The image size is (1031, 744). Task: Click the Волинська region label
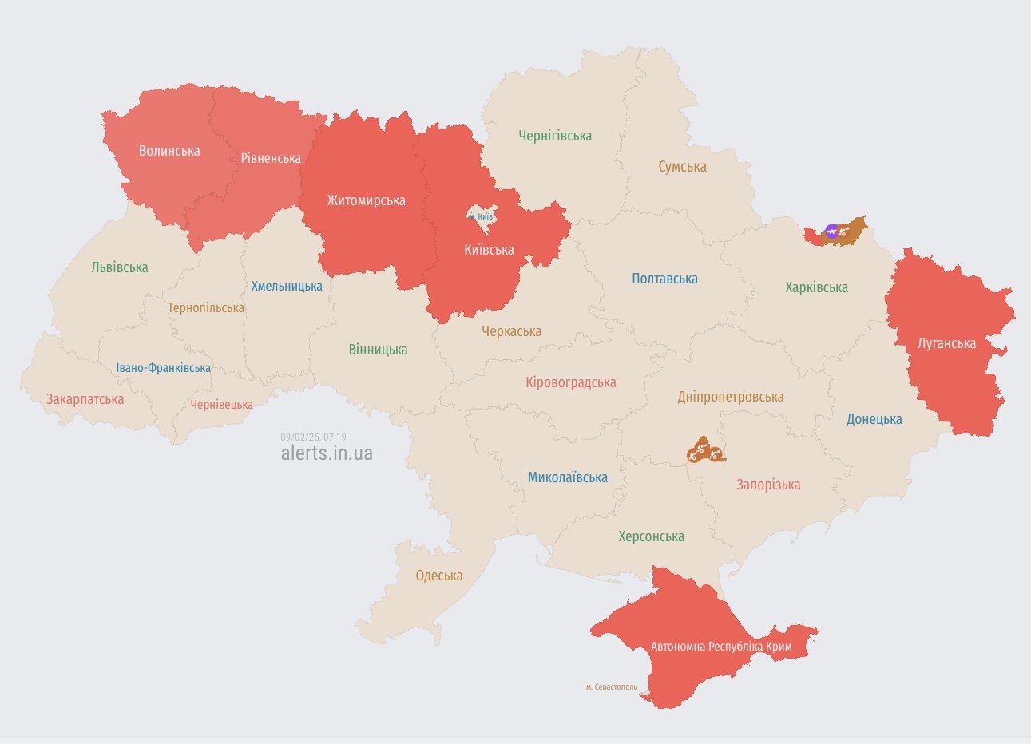169,151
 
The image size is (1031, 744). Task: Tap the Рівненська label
271,158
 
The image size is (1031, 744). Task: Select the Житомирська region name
366,200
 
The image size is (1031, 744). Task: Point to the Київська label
489,250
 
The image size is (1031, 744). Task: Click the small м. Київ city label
481,216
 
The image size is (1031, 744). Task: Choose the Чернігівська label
555,136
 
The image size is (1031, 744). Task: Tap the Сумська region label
682,167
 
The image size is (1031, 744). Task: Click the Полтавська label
664,279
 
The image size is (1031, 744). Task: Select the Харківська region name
816,287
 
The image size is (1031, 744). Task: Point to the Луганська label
946,343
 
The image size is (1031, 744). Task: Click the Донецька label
874,419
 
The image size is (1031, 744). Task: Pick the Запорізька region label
767,485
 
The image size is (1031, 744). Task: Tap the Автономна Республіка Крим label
721,646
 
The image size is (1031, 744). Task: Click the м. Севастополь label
612,687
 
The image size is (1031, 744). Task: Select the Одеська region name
438,576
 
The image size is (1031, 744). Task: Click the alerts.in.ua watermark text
327,453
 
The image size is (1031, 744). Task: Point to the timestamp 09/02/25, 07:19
313,437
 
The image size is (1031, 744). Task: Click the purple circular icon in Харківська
831,232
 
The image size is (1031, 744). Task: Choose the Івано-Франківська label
164,368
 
